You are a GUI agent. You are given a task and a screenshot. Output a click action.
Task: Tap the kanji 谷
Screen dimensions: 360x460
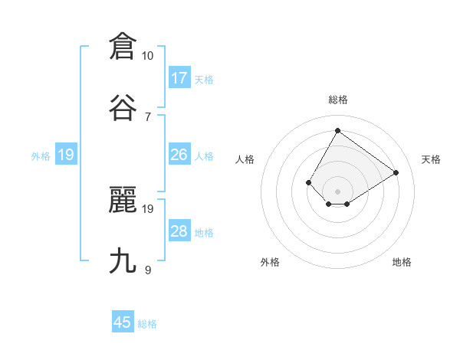coord(123,107)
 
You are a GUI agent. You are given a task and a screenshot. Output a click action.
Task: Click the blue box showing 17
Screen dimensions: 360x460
coord(179,78)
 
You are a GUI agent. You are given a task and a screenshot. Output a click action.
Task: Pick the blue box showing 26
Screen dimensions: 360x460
coord(179,155)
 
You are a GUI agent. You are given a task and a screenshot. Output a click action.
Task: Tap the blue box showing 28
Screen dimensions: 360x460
coord(179,231)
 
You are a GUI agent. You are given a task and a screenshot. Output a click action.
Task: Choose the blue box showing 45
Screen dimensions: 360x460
coord(123,322)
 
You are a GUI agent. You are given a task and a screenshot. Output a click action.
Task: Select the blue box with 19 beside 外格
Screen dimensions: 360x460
coord(66,155)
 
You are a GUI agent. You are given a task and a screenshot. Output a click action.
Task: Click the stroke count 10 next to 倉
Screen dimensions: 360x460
coord(148,56)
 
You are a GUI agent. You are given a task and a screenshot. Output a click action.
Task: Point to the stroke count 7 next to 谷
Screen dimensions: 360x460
coord(148,116)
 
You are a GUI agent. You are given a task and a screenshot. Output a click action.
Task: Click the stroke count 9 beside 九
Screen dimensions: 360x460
coord(148,270)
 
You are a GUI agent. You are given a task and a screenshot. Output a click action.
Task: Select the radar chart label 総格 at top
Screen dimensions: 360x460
coord(337,100)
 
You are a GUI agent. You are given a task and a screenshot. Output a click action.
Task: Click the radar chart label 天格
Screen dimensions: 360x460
coord(431,159)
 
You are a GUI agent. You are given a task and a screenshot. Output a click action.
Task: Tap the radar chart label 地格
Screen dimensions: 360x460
coord(402,262)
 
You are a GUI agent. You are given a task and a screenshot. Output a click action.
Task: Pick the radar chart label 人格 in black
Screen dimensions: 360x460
coord(245,159)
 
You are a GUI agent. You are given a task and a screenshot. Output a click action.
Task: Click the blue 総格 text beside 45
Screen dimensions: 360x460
coord(147,324)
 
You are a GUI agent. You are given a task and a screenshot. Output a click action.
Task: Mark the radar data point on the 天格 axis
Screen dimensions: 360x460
coord(396,172)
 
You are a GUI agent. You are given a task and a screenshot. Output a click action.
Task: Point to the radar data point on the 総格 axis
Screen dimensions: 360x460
coord(337,130)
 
